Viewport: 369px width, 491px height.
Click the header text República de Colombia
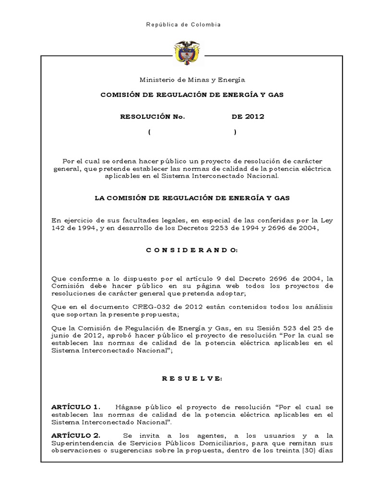[x=184, y=24]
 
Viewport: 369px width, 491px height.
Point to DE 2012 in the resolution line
[x=248, y=117]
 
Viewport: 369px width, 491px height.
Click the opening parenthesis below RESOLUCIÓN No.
[x=150, y=132]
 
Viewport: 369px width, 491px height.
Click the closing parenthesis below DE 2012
[x=235, y=132]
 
